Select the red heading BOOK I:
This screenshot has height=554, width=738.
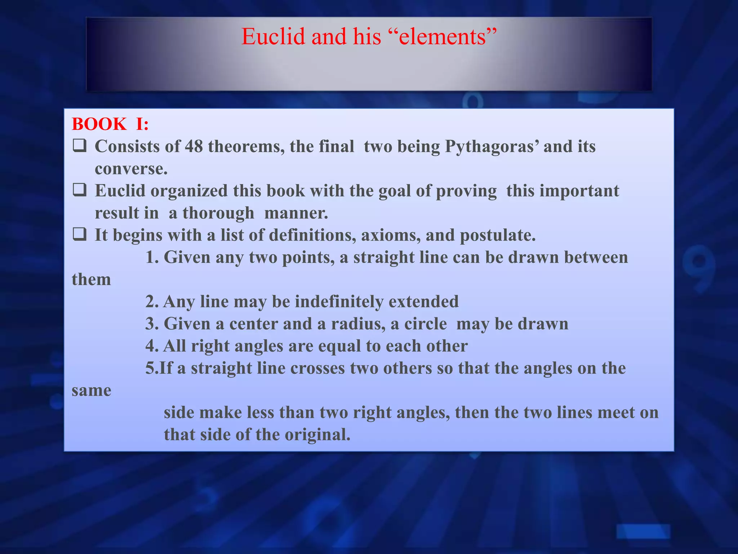tap(110, 124)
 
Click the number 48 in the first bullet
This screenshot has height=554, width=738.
tap(194, 146)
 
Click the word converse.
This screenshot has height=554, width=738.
tap(131, 169)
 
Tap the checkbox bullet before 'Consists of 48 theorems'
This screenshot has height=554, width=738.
tap(79, 146)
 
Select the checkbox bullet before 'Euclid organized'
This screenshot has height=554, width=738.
tap(79, 190)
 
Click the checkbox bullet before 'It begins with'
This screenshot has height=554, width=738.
tap(79, 235)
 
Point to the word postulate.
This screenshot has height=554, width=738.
tap(498, 236)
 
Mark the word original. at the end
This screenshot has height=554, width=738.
tap(317, 435)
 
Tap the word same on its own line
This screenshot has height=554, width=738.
tap(92, 391)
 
